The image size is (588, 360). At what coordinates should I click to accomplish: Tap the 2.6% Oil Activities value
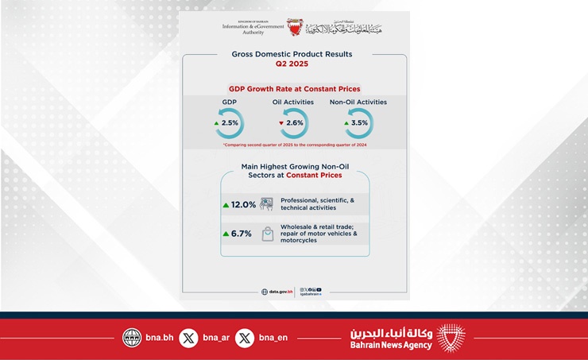point(295,124)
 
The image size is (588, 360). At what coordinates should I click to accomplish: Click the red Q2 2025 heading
point(292,64)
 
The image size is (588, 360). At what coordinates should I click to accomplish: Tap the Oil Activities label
point(292,102)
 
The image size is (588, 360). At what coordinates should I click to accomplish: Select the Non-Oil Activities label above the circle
point(358,102)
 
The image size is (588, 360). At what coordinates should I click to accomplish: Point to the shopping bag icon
point(269,234)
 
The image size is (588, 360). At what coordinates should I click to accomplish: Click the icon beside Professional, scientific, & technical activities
point(268,204)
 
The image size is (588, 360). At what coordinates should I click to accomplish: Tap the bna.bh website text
point(159,337)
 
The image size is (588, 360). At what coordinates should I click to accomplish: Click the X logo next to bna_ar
point(188,337)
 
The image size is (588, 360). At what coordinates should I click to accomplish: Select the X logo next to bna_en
point(246,337)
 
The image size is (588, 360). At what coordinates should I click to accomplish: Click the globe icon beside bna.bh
point(132,337)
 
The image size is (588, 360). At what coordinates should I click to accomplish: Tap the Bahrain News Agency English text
point(391,345)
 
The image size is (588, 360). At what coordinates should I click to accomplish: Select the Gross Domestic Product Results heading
point(292,54)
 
